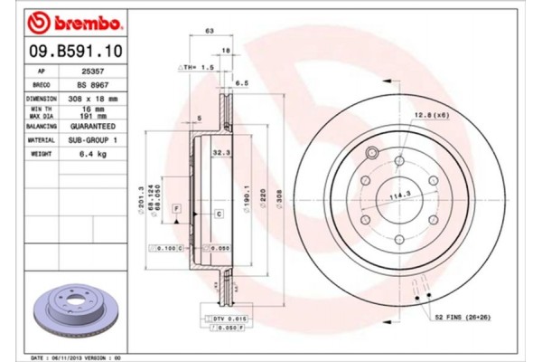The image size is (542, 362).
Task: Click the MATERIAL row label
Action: pos(42,141)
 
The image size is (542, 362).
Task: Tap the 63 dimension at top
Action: pos(210,31)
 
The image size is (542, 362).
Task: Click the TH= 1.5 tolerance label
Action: pos(194,68)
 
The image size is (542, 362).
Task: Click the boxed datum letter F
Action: pos(177,209)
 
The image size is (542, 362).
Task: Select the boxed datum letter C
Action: pos(219,213)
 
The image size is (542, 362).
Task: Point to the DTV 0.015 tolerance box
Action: pos(225,319)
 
